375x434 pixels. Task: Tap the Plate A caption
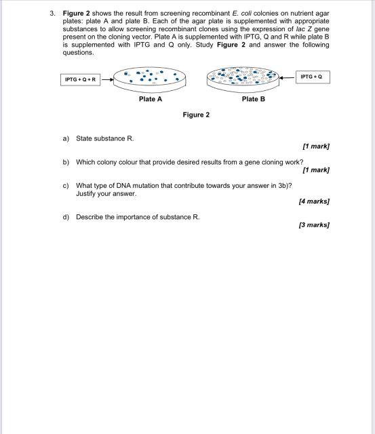pyautogui.click(x=150, y=99)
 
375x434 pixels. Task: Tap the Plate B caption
pyautogui.click(x=253, y=99)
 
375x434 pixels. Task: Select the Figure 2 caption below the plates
pyautogui.click(x=196, y=115)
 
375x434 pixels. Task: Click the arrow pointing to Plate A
pyautogui.click(x=106, y=79)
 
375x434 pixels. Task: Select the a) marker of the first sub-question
pyautogui.click(x=66, y=138)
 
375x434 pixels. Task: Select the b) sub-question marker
pyautogui.click(x=66, y=163)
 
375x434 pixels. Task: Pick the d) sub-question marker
pyautogui.click(x=66, y=217)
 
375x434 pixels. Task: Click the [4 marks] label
pyautogui.click(x=314, y=201)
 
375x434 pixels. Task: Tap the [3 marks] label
pyautogui.click(x=314, y=224)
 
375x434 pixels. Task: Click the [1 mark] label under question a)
pyautogui.click(x=316, y=146)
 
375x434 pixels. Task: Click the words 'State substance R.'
pyautogui.click(x=105, y=138)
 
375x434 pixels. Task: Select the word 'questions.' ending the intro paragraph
pyautogui.click(x=78, y=53)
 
